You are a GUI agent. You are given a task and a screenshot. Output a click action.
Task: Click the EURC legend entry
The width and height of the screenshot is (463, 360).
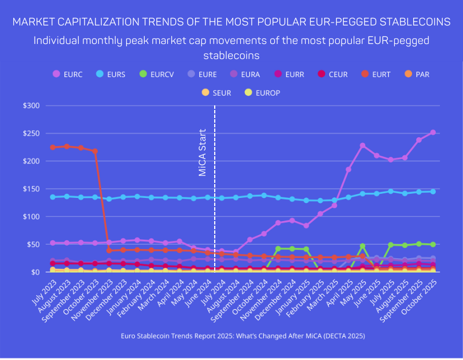coord(67,74)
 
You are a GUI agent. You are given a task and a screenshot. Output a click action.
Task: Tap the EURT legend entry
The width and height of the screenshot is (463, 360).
coord(375,74)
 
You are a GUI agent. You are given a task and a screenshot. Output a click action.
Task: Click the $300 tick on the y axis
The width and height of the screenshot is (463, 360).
coord(31,106)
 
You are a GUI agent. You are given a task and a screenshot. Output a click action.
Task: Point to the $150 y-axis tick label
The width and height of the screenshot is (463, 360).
coord(31,189)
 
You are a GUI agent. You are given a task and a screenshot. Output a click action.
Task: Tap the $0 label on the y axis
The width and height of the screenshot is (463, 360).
coord(35,272)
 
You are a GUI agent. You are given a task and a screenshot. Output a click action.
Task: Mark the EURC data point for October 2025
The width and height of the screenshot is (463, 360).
coord(432,133)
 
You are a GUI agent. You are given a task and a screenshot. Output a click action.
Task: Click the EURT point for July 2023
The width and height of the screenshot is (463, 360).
coord(53,148)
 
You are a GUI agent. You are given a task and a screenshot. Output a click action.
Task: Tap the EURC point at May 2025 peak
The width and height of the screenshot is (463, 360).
coord(363,146)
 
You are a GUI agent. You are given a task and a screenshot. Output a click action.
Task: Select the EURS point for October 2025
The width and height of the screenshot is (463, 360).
coord(432,192)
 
